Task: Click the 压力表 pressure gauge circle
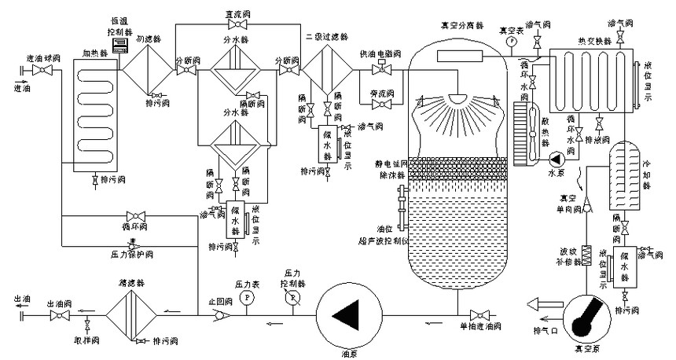pyautogui.click(x=245, y=296)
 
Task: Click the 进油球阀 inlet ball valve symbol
pyautogui.click(x=46, y=71)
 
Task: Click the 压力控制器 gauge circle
pyautogui.click(x=292, y=298)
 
